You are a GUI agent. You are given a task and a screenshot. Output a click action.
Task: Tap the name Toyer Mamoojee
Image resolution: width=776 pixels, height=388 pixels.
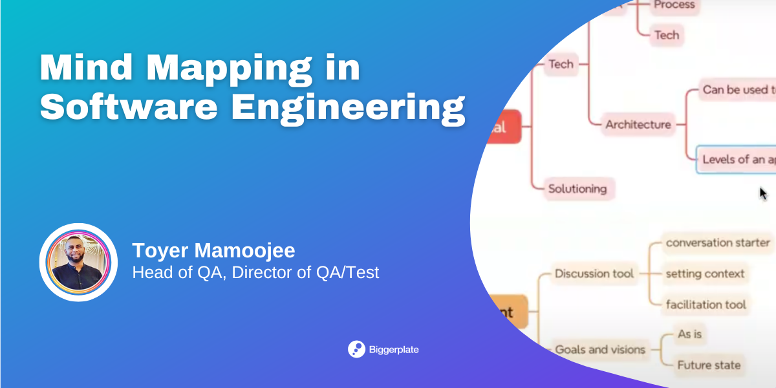point(213,250)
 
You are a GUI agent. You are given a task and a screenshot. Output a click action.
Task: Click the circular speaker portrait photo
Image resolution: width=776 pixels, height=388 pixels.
point(78,262)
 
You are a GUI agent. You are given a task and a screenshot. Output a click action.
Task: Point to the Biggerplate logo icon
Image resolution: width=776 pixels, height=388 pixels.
point(356,349)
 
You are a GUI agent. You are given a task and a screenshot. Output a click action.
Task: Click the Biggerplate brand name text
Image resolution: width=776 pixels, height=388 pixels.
point(394,350)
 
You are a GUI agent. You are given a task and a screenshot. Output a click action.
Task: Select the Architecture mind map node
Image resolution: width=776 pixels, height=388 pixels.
point(638,124)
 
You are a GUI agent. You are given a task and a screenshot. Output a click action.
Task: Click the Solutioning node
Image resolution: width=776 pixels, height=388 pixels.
point(577,189)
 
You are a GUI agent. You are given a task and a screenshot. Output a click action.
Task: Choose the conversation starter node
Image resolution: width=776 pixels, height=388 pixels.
point(718,243)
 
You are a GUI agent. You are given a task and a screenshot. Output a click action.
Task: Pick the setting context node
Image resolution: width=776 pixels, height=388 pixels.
point(705,274)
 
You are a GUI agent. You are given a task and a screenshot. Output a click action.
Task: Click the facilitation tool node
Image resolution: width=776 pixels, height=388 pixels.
point(706,304)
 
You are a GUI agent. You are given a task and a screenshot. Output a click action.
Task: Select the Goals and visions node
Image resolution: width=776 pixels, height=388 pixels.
point(600,349)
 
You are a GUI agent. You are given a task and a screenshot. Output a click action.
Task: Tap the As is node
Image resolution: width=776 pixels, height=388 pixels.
point(689,334)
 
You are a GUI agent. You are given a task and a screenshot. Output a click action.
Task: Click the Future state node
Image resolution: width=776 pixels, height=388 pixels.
point(709,365)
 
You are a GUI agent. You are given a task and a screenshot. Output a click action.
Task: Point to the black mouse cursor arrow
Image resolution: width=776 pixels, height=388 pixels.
point(762,193)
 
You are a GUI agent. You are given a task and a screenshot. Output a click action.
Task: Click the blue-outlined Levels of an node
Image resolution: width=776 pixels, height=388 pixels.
point(737,159)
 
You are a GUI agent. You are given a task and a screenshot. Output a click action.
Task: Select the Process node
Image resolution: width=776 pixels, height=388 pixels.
point(674,6)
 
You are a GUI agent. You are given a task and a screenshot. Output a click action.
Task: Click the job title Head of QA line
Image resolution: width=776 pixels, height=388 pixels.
point(255,272)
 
